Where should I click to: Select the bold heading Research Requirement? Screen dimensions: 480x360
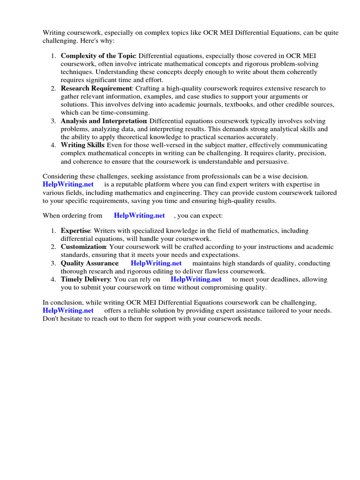pos(97,88)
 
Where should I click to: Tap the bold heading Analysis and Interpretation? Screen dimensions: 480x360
pos(104,120)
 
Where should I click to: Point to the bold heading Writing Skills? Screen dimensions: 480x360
pos(83,145)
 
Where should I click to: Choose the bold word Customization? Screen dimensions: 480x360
pos(83,247)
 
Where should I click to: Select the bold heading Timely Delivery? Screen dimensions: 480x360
pos(86,279)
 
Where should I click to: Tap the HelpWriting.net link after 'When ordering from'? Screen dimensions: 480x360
pos(139,215)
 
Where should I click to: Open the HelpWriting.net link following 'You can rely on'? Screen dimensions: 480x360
pos(196,279)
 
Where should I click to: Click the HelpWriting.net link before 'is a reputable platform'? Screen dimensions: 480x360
pos(68,185)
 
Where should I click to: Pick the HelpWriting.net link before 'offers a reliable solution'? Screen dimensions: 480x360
pos(68,310)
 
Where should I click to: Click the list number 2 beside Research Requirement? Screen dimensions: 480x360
pos(53,88)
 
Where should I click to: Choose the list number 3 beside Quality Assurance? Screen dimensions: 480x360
pos(53,263)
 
